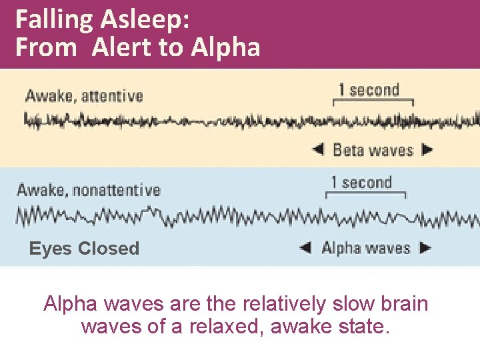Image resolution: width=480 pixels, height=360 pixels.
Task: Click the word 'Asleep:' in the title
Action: pyautogui.click(x=145, y=19)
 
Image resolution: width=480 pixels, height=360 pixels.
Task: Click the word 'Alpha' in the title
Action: pyautogui.click(x=225, y=47)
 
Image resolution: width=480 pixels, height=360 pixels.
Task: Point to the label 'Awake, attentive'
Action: pyautogui.click(x=84, y=96)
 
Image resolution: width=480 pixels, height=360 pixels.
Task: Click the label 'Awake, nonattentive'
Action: pyautogui.click(x=89, y=190)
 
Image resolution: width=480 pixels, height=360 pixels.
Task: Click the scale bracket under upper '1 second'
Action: pyautogui.click(x=373, y=103)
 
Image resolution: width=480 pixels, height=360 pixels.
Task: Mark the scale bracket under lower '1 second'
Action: pyautogui.click(x=365, y=195)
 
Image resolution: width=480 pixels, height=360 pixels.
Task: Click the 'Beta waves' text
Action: pyautogui.click(x=373, y=149)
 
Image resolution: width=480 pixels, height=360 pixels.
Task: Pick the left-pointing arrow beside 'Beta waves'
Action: pyautogui.click(x=318, y=149)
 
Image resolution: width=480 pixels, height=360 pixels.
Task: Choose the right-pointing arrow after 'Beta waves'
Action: pyautogui.click(x=427, y=149)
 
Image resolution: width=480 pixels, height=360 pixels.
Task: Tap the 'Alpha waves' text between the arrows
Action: pyautogui.click(x=366, y=248)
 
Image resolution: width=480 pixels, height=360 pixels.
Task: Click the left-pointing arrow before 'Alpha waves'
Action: pyautogui.click(x=305, y=248)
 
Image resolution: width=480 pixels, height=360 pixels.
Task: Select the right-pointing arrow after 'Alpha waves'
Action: pyautogui.click(x=426, y=248)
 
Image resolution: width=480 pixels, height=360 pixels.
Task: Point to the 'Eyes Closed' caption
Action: pyautogui.click(x=84, y=249)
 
